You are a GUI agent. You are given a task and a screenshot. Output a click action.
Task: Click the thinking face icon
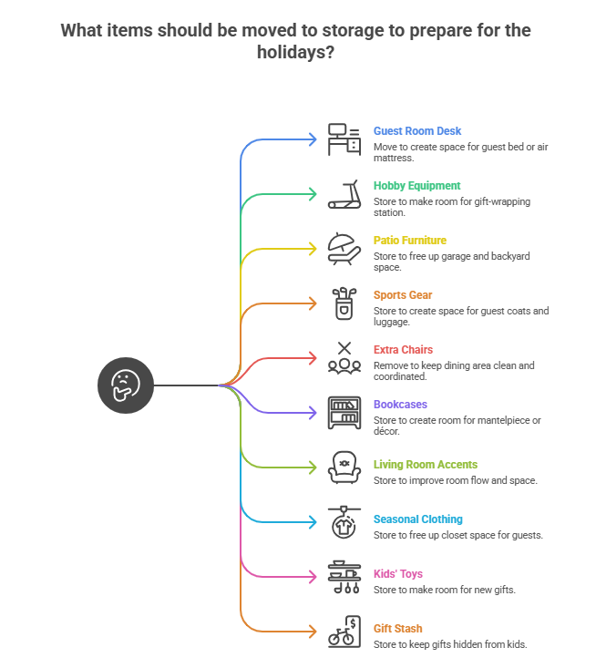click(x=126, y=385)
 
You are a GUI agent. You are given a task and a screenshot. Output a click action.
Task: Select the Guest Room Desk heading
click(x=417, y=131)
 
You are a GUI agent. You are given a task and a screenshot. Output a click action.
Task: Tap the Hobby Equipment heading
click(x=416, y=186)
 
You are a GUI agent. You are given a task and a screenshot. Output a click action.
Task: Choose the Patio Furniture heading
click(x=409, y=241)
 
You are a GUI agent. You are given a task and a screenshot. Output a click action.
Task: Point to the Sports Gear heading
click(x=403, y=295)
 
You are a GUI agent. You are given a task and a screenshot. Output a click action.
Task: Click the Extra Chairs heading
click(x=403, y=350)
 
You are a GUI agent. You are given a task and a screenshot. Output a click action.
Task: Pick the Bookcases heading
click(x=400, y=405)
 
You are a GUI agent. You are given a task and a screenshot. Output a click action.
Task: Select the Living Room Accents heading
click(x=425, y=465)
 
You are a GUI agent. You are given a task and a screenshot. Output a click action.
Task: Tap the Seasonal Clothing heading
click(x=418, y=519)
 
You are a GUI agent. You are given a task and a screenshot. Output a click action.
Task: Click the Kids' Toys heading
click(x=397, y=574)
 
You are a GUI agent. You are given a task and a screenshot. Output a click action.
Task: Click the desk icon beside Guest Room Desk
click(x=344, y=139)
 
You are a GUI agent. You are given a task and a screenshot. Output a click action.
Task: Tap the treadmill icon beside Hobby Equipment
click(x=344, y=194)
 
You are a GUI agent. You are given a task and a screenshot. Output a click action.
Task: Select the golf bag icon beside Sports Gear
click(x=344, y=303)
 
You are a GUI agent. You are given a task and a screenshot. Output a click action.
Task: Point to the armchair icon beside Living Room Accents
click(x=344, y=468)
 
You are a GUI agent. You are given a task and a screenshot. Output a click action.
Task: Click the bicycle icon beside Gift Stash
click(x=344, y=632)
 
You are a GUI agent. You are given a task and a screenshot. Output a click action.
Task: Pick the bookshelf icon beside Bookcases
click(x=344, y=413)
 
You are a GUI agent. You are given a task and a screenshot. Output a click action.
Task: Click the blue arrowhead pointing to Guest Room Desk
click(x=313, y=139)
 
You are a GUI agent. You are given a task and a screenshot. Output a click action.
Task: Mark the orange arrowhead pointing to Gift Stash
click(x=313, y=632)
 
